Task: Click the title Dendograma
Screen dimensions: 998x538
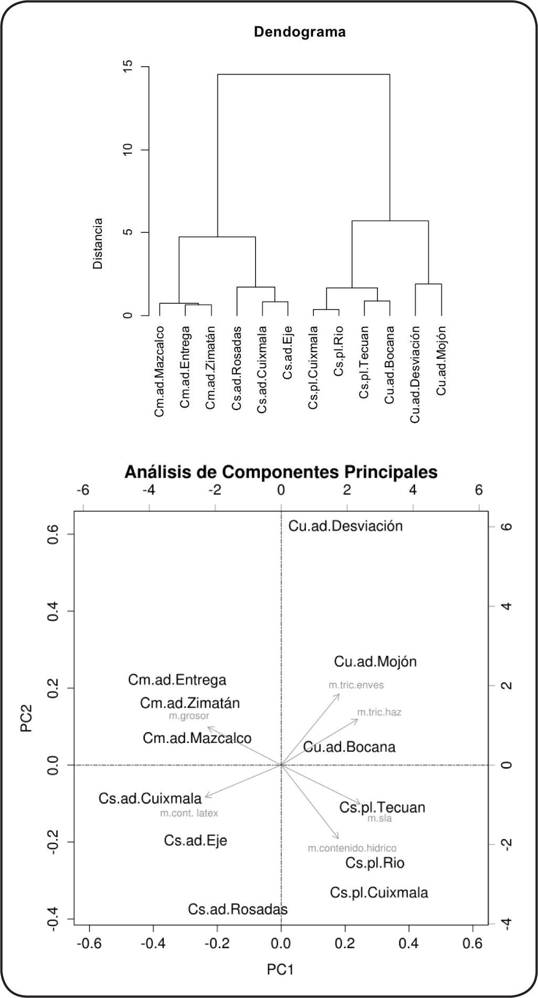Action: (x=300, y=32)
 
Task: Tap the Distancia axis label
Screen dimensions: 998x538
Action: (x=98, y=243)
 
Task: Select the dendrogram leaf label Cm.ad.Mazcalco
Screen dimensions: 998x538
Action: (x=160, y=371)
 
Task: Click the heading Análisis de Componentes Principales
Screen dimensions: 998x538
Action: (x=281, y=472)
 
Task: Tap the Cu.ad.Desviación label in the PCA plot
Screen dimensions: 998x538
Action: (x=345, y=526)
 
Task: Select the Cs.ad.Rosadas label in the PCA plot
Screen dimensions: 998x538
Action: (x=238, y=909)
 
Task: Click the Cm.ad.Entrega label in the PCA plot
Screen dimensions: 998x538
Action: (x=177, y=680)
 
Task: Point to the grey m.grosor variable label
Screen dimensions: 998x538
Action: (x=189, y=716)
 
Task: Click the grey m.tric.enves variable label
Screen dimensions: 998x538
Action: (x=356, y=685)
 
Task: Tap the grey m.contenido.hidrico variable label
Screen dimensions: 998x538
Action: (x=352, y=848)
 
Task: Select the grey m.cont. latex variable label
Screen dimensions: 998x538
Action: (x=189, y=814)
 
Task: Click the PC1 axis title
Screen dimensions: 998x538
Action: (x=281, y=970)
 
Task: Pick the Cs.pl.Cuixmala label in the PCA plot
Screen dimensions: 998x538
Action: (x=379, y=893)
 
